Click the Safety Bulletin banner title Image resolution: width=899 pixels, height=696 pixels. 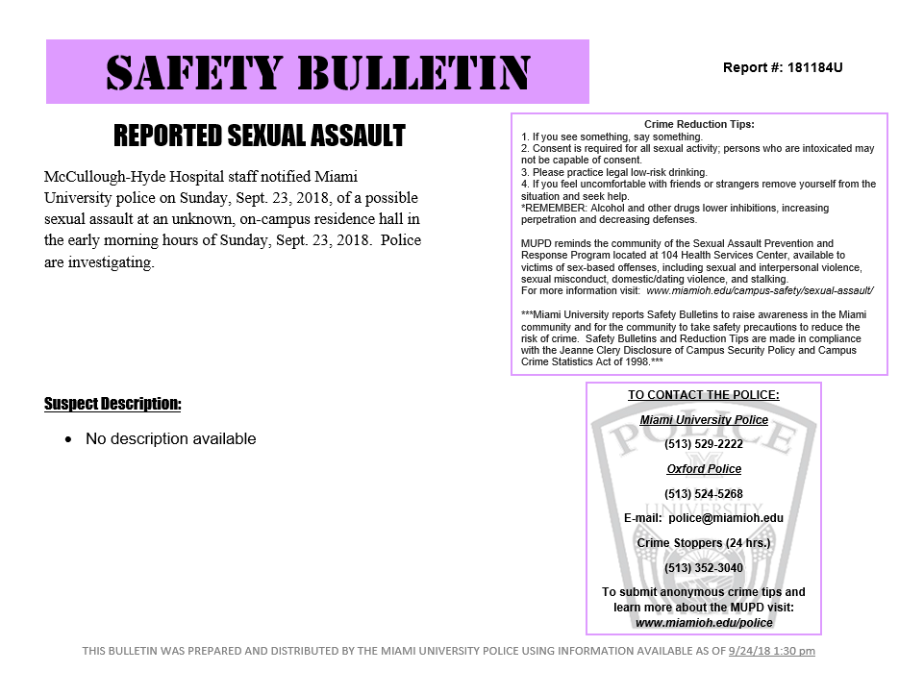tap(317, 72)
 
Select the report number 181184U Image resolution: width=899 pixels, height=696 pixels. tap(814, 68)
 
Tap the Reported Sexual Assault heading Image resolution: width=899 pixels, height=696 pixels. tap(260, 136)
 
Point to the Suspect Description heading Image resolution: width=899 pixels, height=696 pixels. tap(112, 404)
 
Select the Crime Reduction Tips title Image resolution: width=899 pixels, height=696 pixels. tap(699, 124)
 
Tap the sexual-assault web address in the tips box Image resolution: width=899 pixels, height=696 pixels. tap(760, 290)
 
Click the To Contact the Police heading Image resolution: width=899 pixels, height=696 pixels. tap(703, 395)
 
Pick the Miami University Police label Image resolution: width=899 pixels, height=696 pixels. tap(704, 420)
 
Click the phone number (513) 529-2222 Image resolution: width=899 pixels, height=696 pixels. tap(703, 444)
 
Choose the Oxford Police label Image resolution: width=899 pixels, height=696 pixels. tap(704, 469)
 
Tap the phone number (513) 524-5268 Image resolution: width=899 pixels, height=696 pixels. tap(703, 494)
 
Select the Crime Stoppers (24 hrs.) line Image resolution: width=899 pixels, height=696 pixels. tap(703, 543)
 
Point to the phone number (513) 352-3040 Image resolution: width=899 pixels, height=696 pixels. tap(703, 568)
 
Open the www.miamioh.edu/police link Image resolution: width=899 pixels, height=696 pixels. tap(704, 623)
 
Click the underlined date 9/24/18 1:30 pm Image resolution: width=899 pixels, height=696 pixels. tap(771, 651)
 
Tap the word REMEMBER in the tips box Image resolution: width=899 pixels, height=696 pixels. tap(554, 208)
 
